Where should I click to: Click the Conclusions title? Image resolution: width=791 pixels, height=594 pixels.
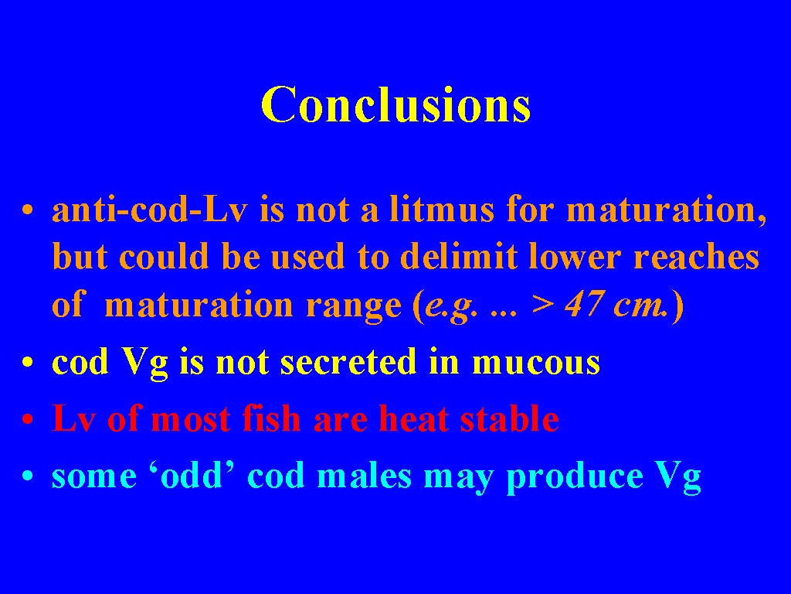tap(396, 104)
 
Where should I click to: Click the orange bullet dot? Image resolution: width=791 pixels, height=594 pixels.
tap(28, 209)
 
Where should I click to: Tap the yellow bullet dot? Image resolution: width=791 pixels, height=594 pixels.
tap(28, 362)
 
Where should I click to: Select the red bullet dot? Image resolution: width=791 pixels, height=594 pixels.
tap(28, 418)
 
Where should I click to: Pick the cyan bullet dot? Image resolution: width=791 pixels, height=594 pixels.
tap(28, 476)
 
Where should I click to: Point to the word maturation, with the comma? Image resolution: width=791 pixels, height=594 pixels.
tap(667, 210)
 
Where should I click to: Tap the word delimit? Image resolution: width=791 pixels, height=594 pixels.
tap(459, 256)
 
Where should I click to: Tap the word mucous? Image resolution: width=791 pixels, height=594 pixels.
tap(536, 363)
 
